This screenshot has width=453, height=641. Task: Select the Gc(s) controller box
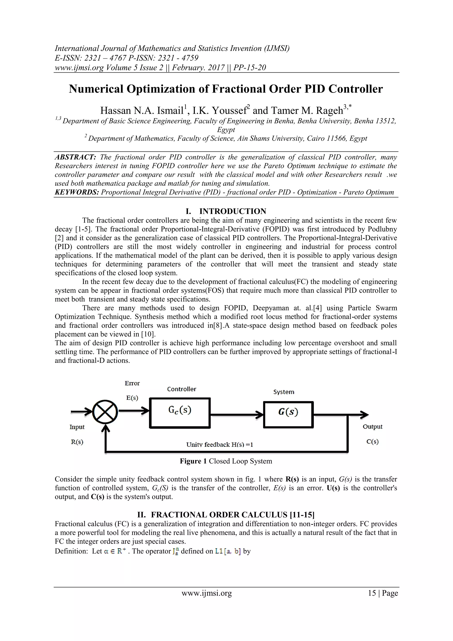point(180,413)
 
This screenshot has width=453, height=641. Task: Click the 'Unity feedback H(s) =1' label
point(219,445)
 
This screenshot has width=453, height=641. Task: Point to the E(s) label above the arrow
point(132,398)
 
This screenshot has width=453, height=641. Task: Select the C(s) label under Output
point(372,442)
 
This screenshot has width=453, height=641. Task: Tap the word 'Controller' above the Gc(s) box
point(181,389)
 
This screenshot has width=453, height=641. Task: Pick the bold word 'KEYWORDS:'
point(77,192)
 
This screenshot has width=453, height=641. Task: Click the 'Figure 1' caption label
point(193,461)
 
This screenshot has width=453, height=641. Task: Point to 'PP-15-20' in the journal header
point(249,67)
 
